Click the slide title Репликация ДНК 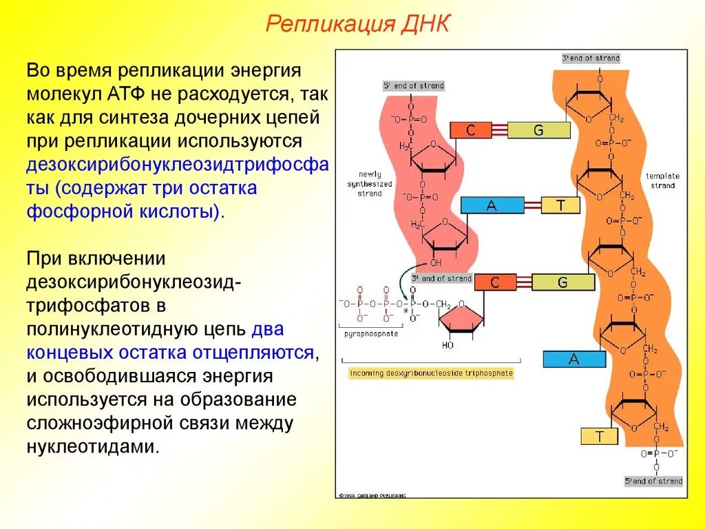point(357,25)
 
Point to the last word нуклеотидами point(93,446)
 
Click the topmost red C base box point(470,130)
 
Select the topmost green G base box point(538,130)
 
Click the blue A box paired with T point(492,205)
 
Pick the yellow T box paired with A point(560,205)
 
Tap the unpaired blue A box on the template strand point(574,359)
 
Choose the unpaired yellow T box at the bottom point(599,436)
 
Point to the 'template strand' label point(662,180)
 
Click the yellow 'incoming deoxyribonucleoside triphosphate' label point(432,373)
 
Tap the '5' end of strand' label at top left point(414,86)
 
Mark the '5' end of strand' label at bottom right point(653,481)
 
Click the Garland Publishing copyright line point(372,495)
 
